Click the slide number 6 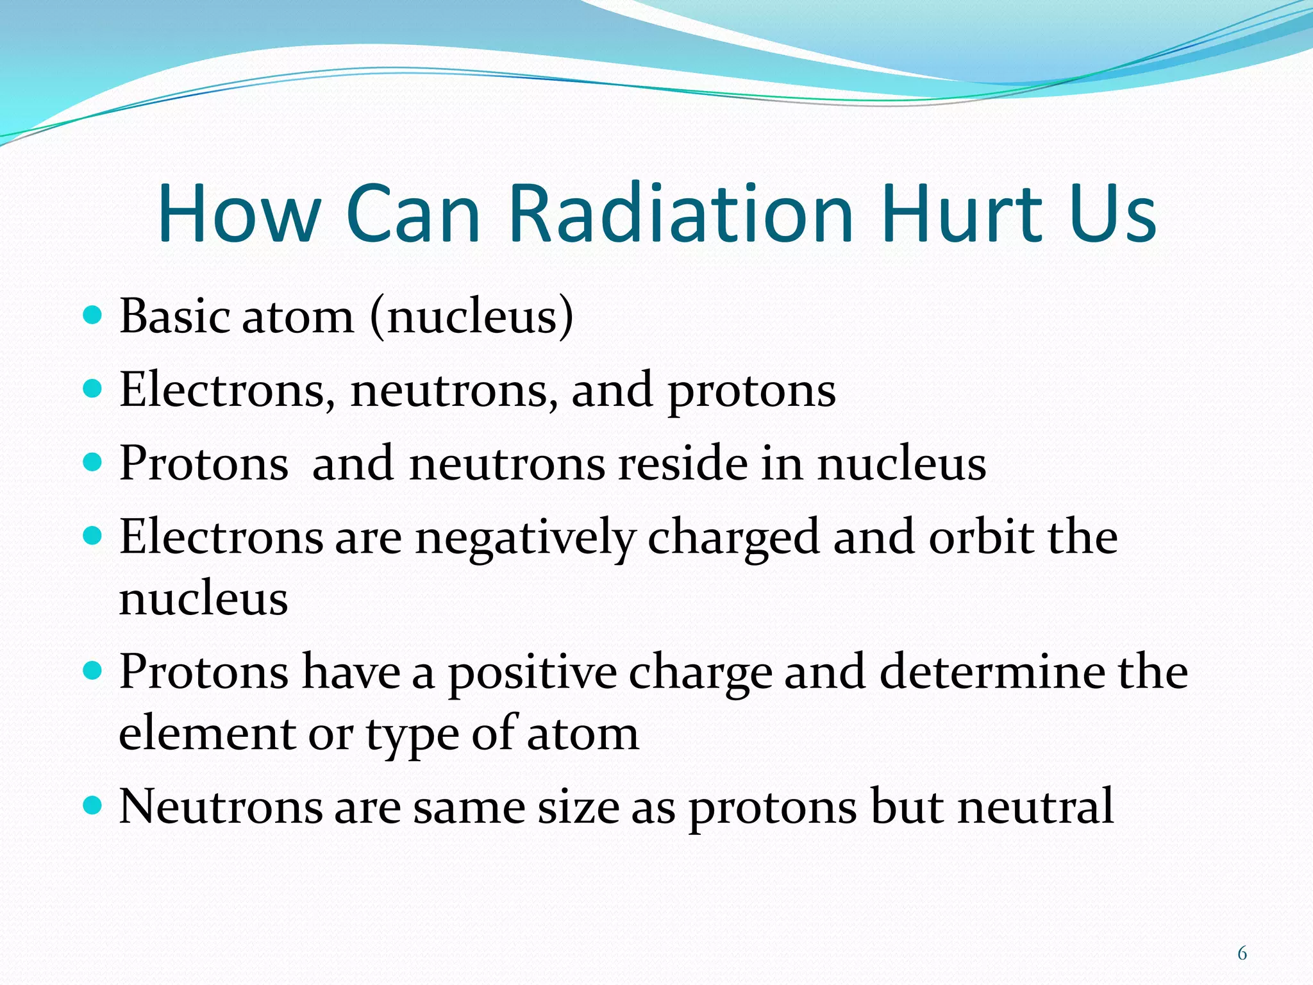click(x=1242, y=954)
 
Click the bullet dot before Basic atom click(x=93, y=315)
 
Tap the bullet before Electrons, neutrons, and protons click(x=93, y=388)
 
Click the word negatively click(x=525, y=539)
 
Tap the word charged click(x=733, y=539)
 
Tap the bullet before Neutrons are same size click(x=93, y=805)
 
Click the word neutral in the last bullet click(x=1035, y=806)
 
